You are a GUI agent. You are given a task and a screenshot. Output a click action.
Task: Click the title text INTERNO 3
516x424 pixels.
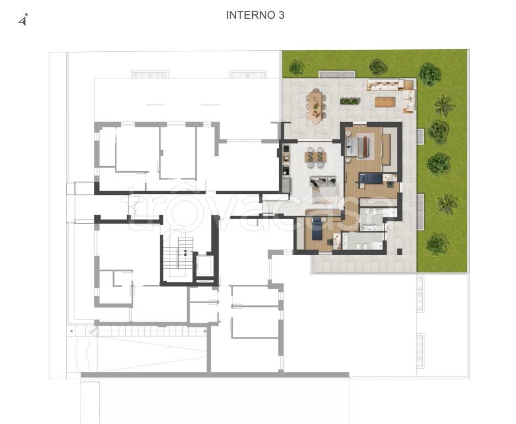[255, 15]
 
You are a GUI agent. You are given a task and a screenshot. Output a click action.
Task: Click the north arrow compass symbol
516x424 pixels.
[23, 20]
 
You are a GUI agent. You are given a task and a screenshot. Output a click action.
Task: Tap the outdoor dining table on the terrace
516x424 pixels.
[316, 106]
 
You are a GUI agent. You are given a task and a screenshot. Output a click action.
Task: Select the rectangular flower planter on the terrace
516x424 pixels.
[349, 101]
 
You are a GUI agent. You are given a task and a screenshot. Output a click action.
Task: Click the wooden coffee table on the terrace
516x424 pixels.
[384, 102]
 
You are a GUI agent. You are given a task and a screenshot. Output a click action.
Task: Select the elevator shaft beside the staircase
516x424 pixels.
[204, 266]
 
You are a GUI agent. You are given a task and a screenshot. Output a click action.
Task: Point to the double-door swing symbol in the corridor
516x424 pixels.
[134, 205]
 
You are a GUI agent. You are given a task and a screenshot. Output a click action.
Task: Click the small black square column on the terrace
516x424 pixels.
[400, 252]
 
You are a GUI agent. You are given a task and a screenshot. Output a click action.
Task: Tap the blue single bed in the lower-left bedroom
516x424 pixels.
[317, 227]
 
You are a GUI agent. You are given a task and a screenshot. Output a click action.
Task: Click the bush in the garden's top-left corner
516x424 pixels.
[296, 67]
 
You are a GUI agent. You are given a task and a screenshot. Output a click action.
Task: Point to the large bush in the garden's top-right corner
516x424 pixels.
[429, 74]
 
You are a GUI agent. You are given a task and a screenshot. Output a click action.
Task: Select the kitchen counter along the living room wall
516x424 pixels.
[286, 168]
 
